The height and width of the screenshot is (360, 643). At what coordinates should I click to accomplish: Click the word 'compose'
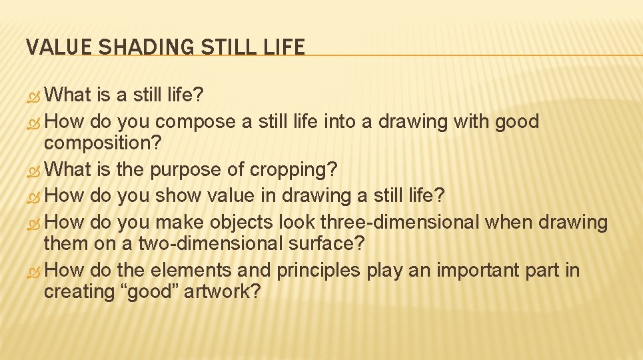pos(195,122)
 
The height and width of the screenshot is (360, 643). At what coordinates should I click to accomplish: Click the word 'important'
pos(472,271)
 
